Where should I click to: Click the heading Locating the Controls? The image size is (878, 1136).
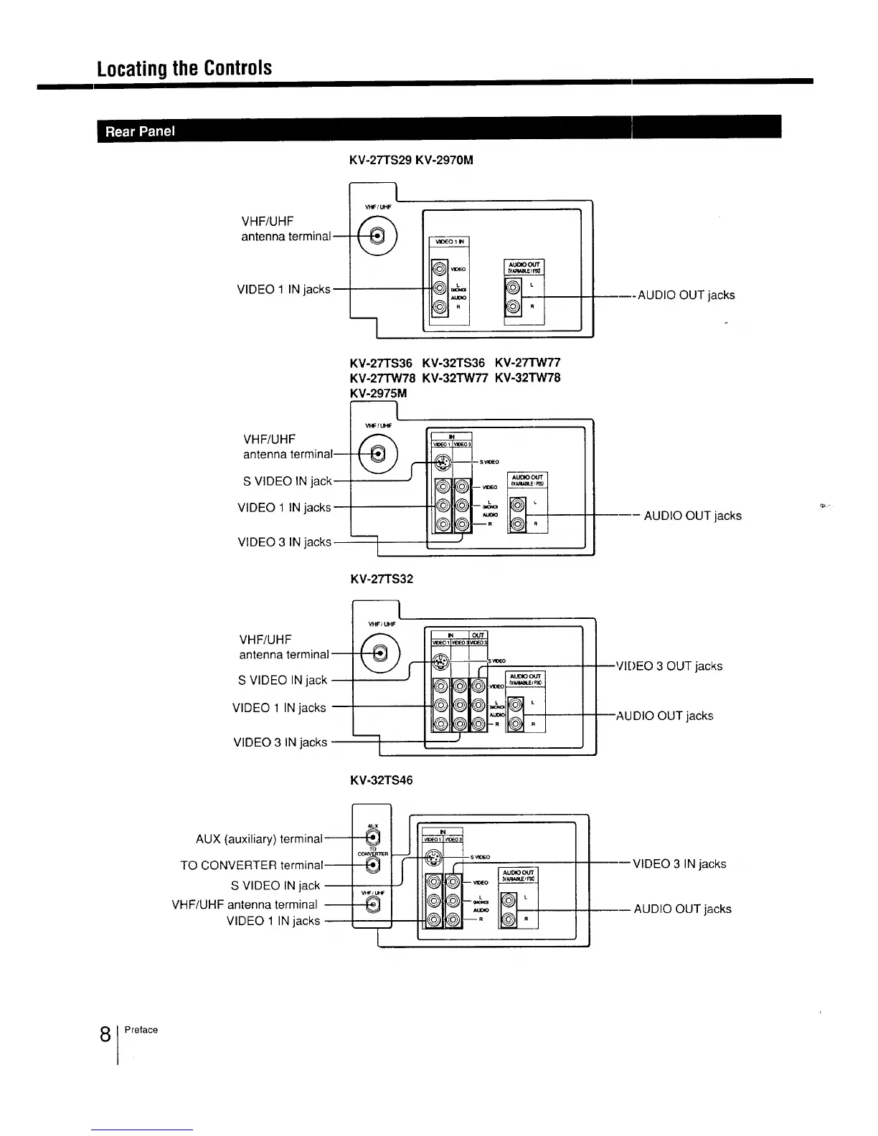tap(185, 68)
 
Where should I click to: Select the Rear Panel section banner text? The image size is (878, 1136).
tap(140, 131)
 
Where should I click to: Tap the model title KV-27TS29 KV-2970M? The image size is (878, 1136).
tap(411, 161)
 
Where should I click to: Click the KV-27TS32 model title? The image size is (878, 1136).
tap(381, 579)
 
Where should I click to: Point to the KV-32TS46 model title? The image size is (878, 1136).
tap(381, 780)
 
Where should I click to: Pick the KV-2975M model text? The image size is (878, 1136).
tap(378, 394)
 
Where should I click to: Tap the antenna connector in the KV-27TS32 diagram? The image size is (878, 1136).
tap(377, 653)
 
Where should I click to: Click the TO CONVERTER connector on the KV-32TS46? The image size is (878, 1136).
tap(372, 866)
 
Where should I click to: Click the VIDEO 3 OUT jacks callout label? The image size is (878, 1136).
tap(669, 666)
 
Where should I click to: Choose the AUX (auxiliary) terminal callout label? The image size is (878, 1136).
tap(259, 838)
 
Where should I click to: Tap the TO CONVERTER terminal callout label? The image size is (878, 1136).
tap(252, 866)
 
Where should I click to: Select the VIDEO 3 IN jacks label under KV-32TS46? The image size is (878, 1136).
tap(679, 864)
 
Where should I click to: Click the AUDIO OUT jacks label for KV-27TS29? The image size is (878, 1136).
tap(686, 295)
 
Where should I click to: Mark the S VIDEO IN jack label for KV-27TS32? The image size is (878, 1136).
tap(283, 680)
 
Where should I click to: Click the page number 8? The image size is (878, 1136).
tap(105, 1035)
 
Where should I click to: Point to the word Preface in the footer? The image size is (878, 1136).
tap(141, 1030)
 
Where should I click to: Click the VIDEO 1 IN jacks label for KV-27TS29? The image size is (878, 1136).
tap(283, 290)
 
